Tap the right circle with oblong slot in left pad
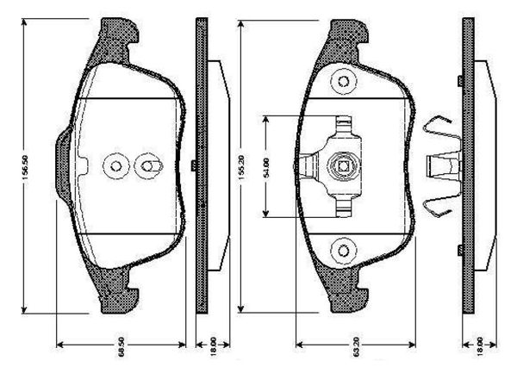[x=147, y=165]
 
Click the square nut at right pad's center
[x=343, y=166]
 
